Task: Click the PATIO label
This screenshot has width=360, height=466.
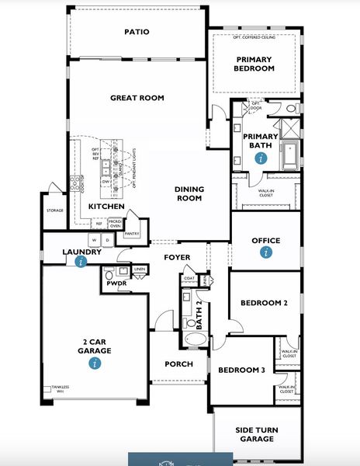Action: click(x=137, y=32)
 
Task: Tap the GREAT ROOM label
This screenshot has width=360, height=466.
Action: click(x=137, y=98)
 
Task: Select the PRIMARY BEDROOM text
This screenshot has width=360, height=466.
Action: click(x=254, y=64)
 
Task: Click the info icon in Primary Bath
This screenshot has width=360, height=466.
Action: click(x=260, y=157)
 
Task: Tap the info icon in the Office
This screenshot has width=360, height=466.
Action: click(x=266, y=252)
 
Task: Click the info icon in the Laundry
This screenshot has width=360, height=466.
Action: click(x=81, y=262)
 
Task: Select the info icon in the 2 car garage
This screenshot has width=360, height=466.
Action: click(x=95, y=362)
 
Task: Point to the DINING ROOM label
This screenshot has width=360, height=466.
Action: click(x=189, y=193)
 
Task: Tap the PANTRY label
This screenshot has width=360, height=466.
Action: click(x=132, y=233)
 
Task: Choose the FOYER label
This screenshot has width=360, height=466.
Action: click(x=177, y=257)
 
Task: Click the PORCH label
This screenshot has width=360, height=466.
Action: click(x=179, y=363)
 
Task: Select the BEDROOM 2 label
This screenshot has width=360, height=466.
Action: click(x=264, y=302)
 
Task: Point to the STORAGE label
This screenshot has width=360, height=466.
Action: click(x=54, y=210)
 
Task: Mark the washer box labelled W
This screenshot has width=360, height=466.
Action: click(x=94, y=240)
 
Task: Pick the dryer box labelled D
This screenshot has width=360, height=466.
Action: click(x=108, y=240)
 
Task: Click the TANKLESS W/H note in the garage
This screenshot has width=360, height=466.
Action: click(x=59, y=388)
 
